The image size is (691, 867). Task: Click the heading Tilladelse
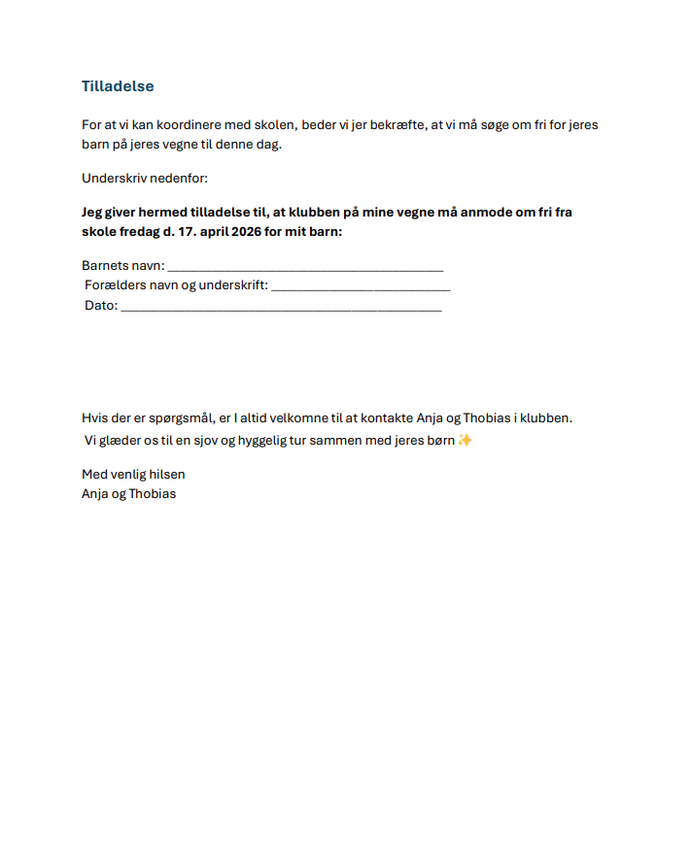(x=118, y=86)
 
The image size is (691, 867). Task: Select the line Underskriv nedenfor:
(x=145, y=179)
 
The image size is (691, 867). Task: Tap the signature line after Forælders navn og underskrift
(x=361, y=287)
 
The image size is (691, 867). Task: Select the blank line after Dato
(x=281, y=307)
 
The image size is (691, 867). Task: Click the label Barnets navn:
(x=123, y=266)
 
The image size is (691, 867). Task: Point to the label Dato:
(x=101, y=305)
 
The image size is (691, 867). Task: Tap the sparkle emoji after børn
(x=466, y=440)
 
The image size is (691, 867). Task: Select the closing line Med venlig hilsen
(x=133, y=475)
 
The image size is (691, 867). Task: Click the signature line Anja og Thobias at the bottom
(x=129, y=493)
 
